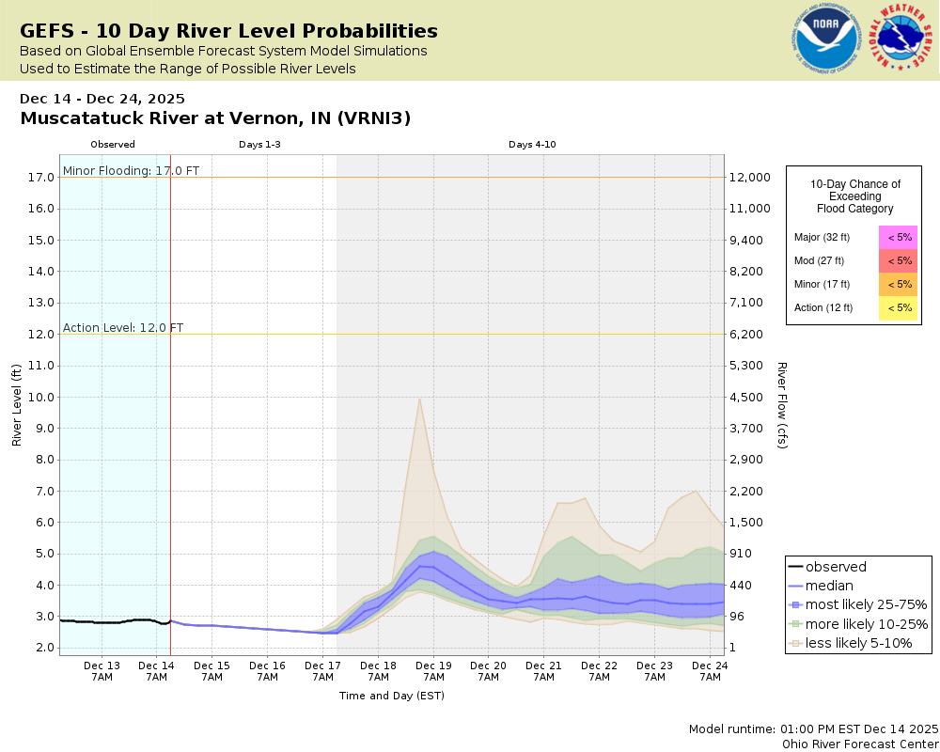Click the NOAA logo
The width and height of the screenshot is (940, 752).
pyautogui.click(x=825, y=39)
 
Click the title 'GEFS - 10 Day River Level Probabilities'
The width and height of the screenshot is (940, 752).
pyautogui.click(x=228, y=31)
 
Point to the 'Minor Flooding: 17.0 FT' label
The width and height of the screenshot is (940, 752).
pyautogui.click(x=131, y=170)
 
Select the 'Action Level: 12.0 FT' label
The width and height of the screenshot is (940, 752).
pyautogui.click(x=123, y=328)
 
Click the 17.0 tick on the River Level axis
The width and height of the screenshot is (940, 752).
pyautogui.click(x=39, y=177)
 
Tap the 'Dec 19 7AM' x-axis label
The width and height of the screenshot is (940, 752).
pyautogui.click(x=433, y=670)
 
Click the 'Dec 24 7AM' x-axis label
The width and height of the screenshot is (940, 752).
pyautogui.click(x=709, y=670)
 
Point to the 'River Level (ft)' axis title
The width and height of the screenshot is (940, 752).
pyautogui.click(x=17, y=405)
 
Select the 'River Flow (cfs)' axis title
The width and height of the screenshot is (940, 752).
pyautogui.click(x=782, y=405)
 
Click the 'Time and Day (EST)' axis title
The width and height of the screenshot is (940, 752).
pyautogui.click(x=391, y=696)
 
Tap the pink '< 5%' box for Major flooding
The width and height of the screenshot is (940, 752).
pyautogui.click(x=899, y=237)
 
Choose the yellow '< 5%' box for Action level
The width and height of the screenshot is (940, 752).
pyautogui.click(x=899, y=307)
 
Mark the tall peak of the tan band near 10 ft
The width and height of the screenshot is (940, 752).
pyautogui.click(x=419, y=399)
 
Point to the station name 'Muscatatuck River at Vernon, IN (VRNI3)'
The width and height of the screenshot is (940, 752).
pyautogui.click(x=215, y=118)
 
